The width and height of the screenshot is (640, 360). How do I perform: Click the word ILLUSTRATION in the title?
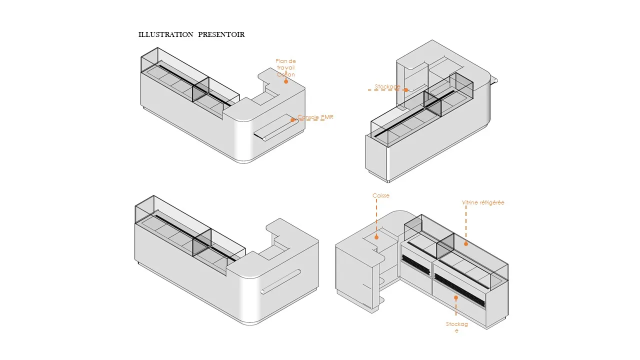point(165,34)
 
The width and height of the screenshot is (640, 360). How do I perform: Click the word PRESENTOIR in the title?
point(221,34)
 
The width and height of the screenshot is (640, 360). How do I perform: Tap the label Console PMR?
point(315,117)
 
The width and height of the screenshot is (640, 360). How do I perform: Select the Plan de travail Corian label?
point(285,68)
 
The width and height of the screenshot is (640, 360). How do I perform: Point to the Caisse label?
point(380,195)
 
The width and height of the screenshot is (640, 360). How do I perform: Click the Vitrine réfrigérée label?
point(483,203)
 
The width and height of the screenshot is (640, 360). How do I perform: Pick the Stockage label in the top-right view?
point(387,87)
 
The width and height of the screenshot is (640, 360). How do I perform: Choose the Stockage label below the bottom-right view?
point(457,327)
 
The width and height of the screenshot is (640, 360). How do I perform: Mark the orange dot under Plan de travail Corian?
point(286,81)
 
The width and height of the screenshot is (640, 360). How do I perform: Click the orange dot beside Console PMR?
point(292,120)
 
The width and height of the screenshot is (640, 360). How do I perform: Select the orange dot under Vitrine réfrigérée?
point(466,244)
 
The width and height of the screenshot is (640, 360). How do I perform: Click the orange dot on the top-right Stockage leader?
point(406,90)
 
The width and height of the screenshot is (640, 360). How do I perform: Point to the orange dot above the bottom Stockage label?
point(456,297)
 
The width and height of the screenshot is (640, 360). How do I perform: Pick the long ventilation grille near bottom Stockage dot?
point(460,291)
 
